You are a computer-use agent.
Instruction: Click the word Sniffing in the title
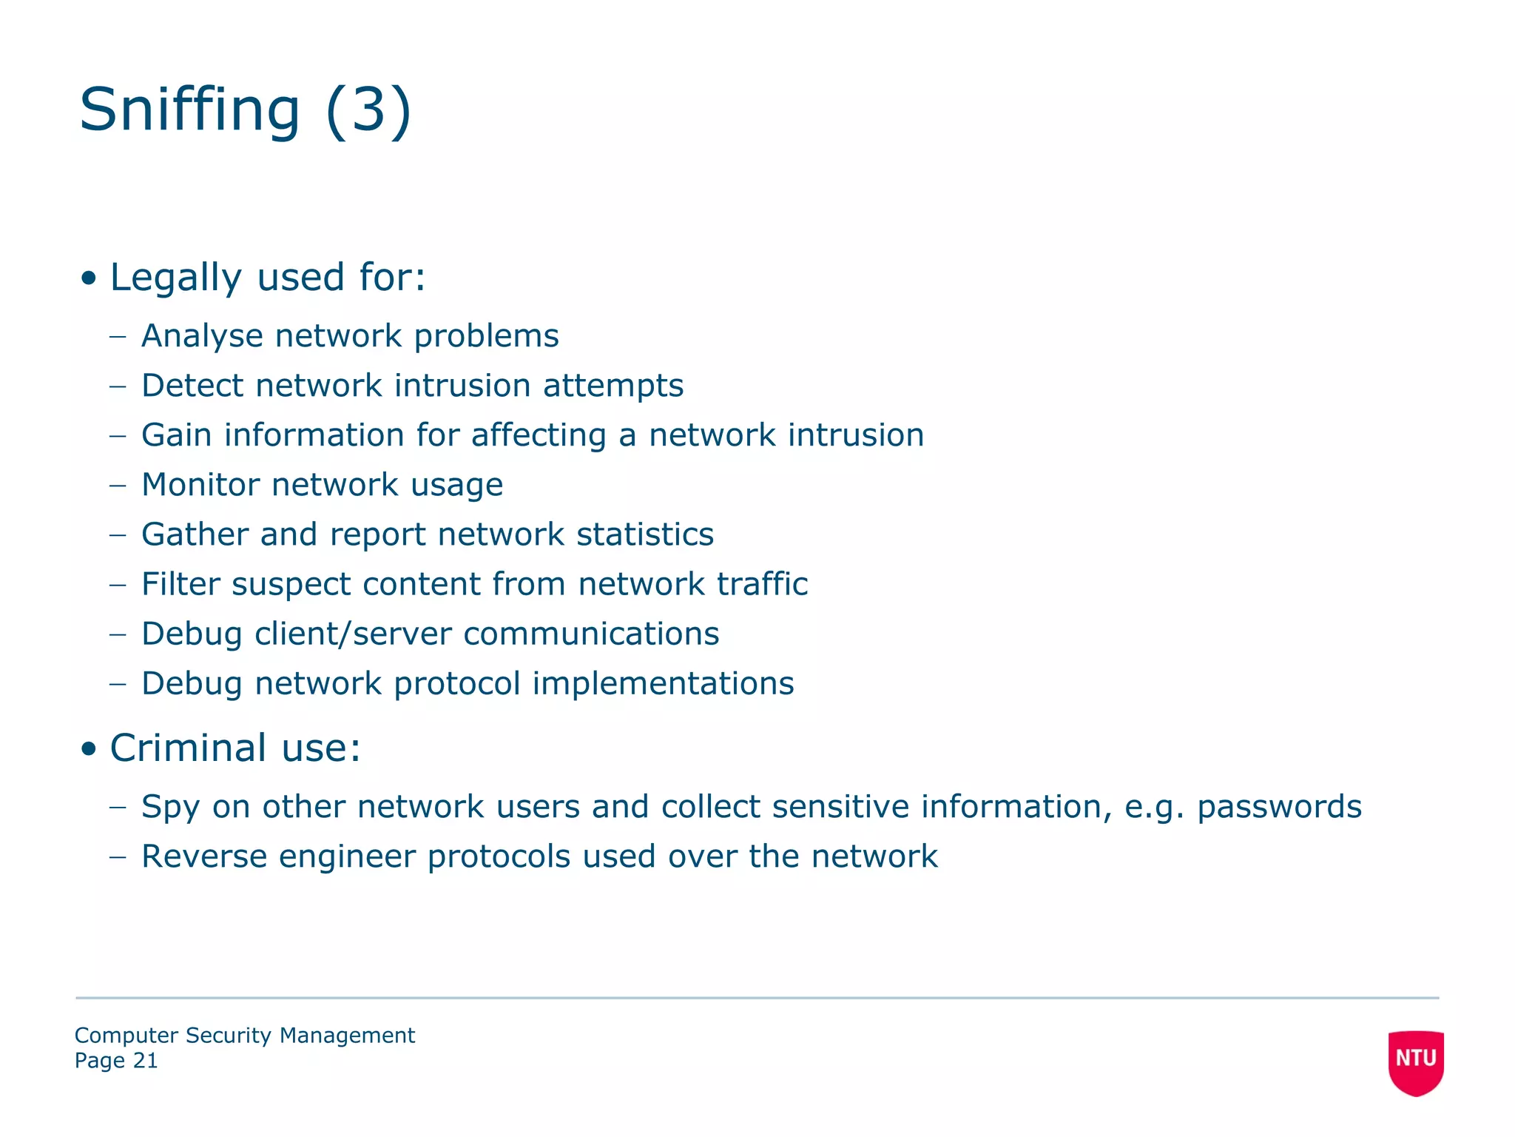coord(189,110)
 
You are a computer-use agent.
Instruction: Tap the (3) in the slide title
coord(368,110)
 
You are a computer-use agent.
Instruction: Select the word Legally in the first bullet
coord(175,278)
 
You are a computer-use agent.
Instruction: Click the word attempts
coord(613,386)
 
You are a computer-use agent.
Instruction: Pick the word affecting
coord(539,435)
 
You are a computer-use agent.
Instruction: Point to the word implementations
coord(663,684)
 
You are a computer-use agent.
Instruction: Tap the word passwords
coord(1279,807)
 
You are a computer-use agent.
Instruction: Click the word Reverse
coord(204,856)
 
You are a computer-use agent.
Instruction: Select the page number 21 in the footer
coord(145,1061)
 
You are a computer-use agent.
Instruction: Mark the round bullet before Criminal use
coord(90,749)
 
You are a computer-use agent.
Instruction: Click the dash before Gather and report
coord(118,534)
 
